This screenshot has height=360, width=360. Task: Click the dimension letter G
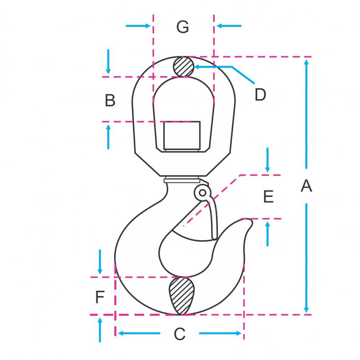[183, 27]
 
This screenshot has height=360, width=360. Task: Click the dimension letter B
[110, 100]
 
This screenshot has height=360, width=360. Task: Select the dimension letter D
[261, 95]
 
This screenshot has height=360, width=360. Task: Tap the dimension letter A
[306, 186]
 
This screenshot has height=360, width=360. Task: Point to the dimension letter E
[268, 196]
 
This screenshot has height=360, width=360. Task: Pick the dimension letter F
[100, 297]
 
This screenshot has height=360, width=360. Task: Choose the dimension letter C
[179, 334]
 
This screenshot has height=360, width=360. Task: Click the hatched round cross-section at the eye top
[183, 67]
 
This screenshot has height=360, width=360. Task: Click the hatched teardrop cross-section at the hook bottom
[181, 296]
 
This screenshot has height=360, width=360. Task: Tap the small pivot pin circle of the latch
[202, 193]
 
